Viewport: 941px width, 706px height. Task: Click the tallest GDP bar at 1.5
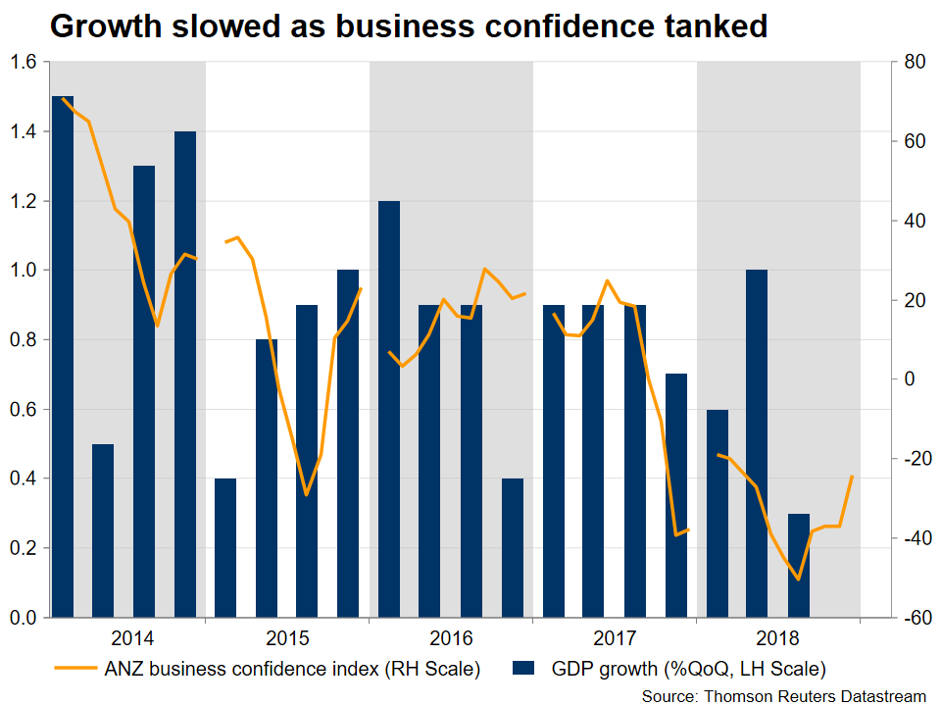point(62,357)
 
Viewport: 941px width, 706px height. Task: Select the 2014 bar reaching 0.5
point(103,530)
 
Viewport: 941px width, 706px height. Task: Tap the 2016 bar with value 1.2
point(389,409)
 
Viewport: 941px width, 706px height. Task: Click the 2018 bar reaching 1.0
point(757,443)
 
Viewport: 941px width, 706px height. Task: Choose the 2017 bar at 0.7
point(675,495)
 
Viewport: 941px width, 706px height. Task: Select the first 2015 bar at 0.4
point(225,548)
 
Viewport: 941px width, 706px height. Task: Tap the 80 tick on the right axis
point(913,63)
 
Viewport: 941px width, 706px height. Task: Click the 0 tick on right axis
point(908,379)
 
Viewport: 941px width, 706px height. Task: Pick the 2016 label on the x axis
point(451,638)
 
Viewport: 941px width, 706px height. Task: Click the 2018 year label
point(778,638)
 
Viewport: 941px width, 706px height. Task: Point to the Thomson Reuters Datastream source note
point(784,695)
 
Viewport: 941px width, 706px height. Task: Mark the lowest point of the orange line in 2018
point(799,580)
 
